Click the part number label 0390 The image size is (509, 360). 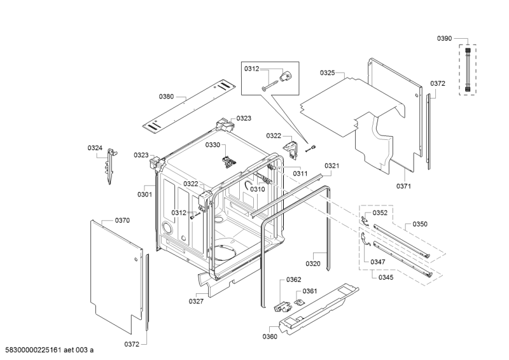pyautogui.click(x=444, y=39)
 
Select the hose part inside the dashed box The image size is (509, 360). pyautogui.click(x=469, y=68)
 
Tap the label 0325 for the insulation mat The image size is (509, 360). pyautogui.click(x=328, y=74)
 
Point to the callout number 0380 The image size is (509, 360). pyautogui.click(x=166, y=97)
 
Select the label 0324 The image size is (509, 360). pyautogui.click(x=95, y=148)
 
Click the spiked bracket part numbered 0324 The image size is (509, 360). pyautogui.click(x=109, y=165)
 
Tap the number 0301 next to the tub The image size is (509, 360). pyautogui.click(x=144, y=195)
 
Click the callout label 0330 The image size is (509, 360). pyautogui.click(x=212, y=145)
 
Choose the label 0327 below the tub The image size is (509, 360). pyautogui.click(x=196, y=301)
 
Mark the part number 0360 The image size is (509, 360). pyautogui.click(x=269, y=336)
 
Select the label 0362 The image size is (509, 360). pyautogui.click(x=293, y=279)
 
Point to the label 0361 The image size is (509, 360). pyautogui.click(x=310, y=291)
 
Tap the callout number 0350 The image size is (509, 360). pyautogui.click(x=420, y=224)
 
